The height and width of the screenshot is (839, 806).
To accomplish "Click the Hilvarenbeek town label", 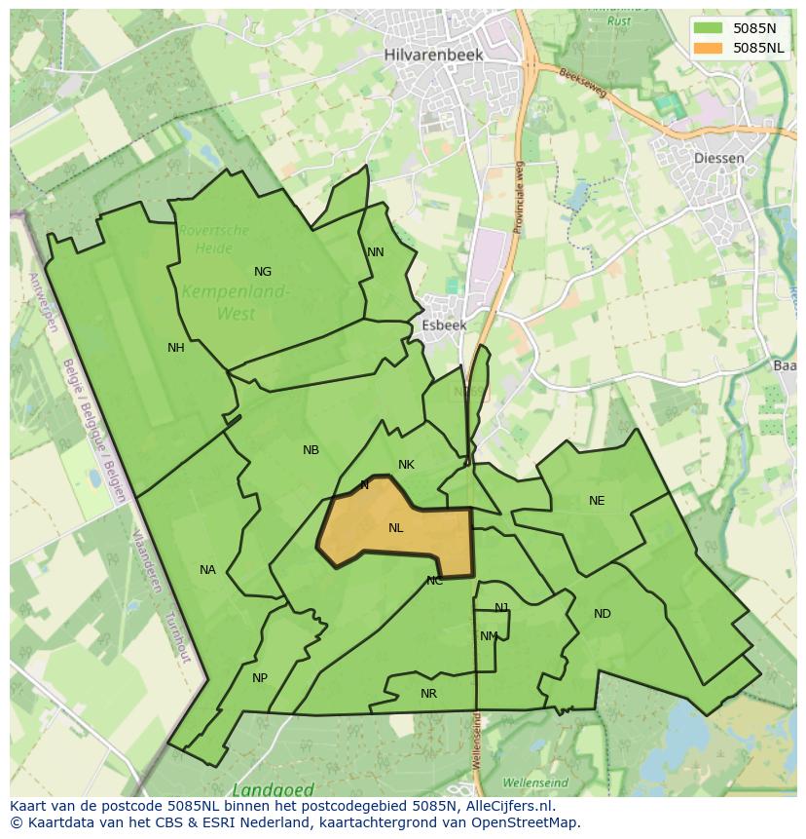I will click(433, 55).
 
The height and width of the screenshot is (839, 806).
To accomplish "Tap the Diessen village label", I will click(720, 158).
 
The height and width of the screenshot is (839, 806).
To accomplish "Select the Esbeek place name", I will click(445, 325).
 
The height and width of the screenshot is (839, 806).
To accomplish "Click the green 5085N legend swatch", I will click(710, 27).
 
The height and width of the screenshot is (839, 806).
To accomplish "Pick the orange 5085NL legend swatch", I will click(710, 47).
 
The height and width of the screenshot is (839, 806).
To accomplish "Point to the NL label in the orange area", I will click(396, 528).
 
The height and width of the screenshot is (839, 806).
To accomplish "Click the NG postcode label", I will click(263, 272).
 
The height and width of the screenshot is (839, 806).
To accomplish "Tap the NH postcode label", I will click(176, 348).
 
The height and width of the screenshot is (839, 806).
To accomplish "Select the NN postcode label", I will click(376, 252).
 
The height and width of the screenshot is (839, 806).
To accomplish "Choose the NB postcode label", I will click(311, 450).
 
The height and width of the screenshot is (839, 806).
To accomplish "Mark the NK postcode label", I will click(407, 465).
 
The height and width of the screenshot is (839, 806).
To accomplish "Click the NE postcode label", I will click(597, 501).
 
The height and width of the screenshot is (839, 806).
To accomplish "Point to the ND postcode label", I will click(603, 614).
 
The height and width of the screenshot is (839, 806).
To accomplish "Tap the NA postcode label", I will click(207, 570).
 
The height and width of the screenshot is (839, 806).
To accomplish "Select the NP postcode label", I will click(260, 678).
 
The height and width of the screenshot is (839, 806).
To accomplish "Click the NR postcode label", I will click(428, 694).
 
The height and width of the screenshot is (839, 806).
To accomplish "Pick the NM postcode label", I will click(489, 636).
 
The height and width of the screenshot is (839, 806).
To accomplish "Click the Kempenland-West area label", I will click(237, 302).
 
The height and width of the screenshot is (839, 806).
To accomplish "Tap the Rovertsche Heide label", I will click(214, 239).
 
